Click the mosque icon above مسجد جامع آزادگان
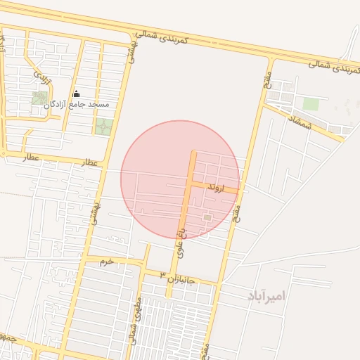point(76,94)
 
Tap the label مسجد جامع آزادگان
point(77,105)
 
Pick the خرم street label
point(106,262)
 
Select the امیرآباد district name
point(266,295)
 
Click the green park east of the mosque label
point(103,127)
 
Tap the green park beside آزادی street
point(40,98)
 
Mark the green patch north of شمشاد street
point(310,104)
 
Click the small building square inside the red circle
point(207,218)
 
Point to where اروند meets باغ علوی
point(190,184)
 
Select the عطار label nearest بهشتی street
point(90,162)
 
